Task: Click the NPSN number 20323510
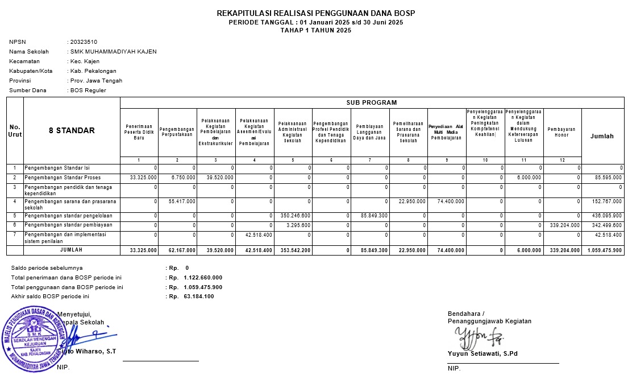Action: coord(83,42)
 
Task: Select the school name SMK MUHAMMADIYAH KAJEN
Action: coord(113,52)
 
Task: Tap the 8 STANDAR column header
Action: coord(72,131)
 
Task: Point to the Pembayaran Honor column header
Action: coord(562,132)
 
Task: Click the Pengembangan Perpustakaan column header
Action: coord(177,132)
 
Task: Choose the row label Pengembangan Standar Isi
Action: coord(57,168)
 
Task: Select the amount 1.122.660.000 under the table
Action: coord(203,278)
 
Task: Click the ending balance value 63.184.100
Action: coord(199,297)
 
